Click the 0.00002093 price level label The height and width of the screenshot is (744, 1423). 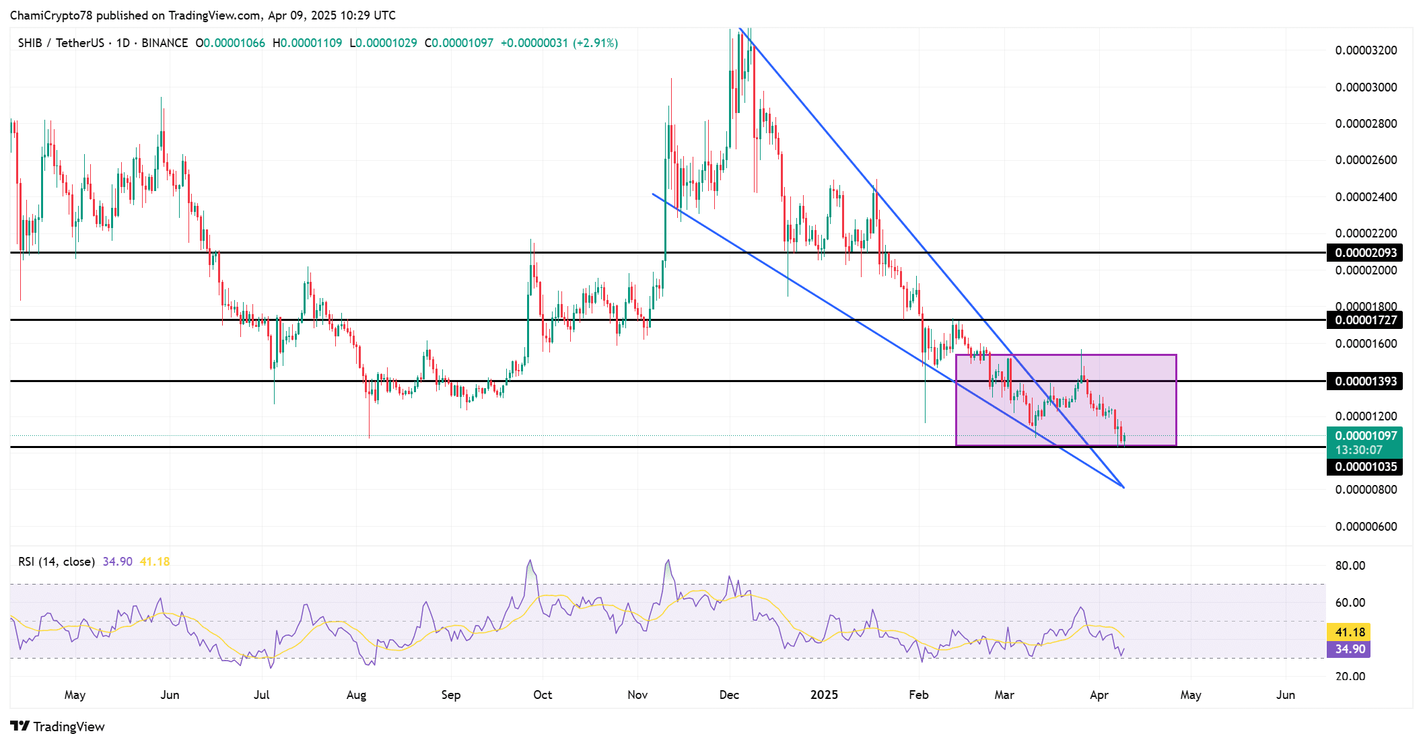point(1365,253)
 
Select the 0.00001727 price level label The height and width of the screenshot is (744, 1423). point(1365,320)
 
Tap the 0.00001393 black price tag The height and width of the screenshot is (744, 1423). point(1365,381)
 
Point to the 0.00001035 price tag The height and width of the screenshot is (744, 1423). point(1365,467)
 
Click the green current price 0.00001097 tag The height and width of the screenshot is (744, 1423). point(1365,436)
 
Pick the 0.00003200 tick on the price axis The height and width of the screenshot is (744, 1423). point(1366,50)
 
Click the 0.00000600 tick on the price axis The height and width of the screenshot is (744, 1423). point(1366,527)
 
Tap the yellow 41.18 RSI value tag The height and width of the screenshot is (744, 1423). point(1350,632)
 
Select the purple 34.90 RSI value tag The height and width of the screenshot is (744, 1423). point(1350,649)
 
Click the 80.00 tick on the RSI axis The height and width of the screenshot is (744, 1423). point(1350,566)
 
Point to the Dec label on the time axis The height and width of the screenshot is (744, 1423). point(729,695)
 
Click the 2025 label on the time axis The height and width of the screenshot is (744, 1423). point(824,695)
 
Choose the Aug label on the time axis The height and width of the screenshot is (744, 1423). point(356,695)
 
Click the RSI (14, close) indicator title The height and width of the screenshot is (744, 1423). point(57,562)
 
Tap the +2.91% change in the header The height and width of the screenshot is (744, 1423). point(595,43)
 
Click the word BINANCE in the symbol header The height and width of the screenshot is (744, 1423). point(165,43)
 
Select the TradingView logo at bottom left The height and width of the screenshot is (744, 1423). point(58,727)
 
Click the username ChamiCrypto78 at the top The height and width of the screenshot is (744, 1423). point(52,15)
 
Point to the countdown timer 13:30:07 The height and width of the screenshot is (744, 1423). point(1358,450)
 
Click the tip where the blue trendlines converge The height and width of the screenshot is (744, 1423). point(1123,487)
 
